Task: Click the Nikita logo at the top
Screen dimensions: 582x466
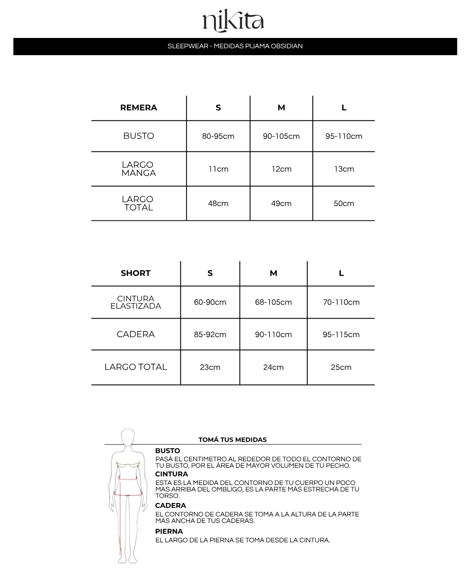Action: (233, 22)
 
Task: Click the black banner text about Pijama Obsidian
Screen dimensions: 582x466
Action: (235, 46)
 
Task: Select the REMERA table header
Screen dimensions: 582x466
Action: (139, 108)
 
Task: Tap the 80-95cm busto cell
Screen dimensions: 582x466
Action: (218, 136)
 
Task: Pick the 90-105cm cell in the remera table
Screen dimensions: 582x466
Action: (281, 136)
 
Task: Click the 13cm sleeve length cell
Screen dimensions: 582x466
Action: (344, 169)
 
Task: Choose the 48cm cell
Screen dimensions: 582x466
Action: (218, 203)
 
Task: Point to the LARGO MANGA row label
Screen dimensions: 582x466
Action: (139, 169)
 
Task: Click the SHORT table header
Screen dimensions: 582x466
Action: (135, 273)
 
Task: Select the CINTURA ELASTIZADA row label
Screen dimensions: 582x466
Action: (135, 302)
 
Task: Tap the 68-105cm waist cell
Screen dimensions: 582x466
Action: (273, 302)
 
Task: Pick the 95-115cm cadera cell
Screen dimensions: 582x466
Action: (341, 335)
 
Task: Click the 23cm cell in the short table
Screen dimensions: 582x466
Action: (210, 367)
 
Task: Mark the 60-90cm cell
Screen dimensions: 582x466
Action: (210, 302)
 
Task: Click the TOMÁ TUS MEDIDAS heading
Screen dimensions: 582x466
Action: (233, 440)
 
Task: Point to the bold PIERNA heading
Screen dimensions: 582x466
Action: (169, 532)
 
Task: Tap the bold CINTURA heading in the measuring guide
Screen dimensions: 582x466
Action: (172, 474)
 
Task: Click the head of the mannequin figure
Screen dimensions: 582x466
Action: (128, 438)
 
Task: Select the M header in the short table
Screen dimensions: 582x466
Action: (273, 273)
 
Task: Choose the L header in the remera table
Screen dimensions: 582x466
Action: (344, 108)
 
